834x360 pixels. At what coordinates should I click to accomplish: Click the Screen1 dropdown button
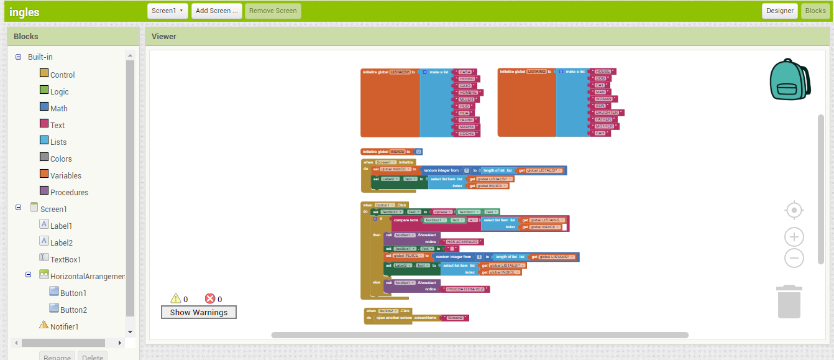(x=168, y=11)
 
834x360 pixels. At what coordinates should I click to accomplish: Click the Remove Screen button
(x=273, y=11)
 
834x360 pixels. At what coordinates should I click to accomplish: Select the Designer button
(x=779, y=11)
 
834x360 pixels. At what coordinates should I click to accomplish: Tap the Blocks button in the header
(x=815, y=11)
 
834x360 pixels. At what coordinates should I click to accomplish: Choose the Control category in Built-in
(x=62, y=75)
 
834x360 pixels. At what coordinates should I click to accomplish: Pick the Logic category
(x=59, y=91)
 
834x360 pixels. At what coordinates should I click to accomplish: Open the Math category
(x=58, y=108)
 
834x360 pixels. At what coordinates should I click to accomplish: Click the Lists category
(x=58, y=142)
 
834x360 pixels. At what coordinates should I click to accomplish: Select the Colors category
(x=61, y=159)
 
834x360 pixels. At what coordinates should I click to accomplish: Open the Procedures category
(x=69, y=192)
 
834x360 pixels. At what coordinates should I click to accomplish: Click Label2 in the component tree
(x=61, y=242)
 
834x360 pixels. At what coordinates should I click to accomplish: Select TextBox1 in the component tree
(x=65, y=259)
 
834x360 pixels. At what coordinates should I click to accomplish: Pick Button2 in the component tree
(x=73, y=310)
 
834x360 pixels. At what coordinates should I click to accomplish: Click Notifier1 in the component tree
(x=64, y=326)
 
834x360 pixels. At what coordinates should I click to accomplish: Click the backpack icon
(x=789, y=80)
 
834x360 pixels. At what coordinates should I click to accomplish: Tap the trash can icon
(x=789, y=301)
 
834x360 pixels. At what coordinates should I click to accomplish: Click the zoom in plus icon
(x=794, y=237)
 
